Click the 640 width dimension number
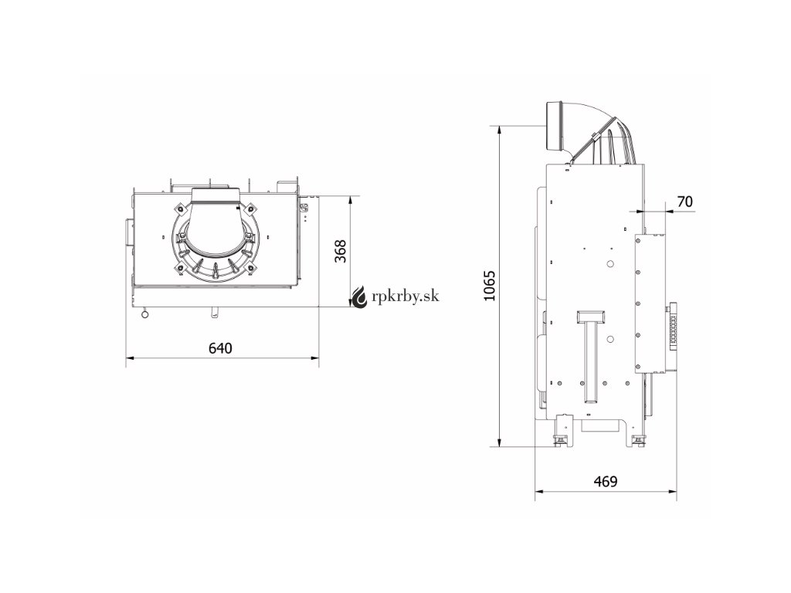220,348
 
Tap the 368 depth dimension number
341,251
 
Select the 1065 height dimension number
489,286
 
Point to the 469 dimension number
606,482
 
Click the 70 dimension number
684,202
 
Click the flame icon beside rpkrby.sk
360,296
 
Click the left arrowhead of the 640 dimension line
130,358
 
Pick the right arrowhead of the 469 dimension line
673,491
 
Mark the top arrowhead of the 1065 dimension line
499,130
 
